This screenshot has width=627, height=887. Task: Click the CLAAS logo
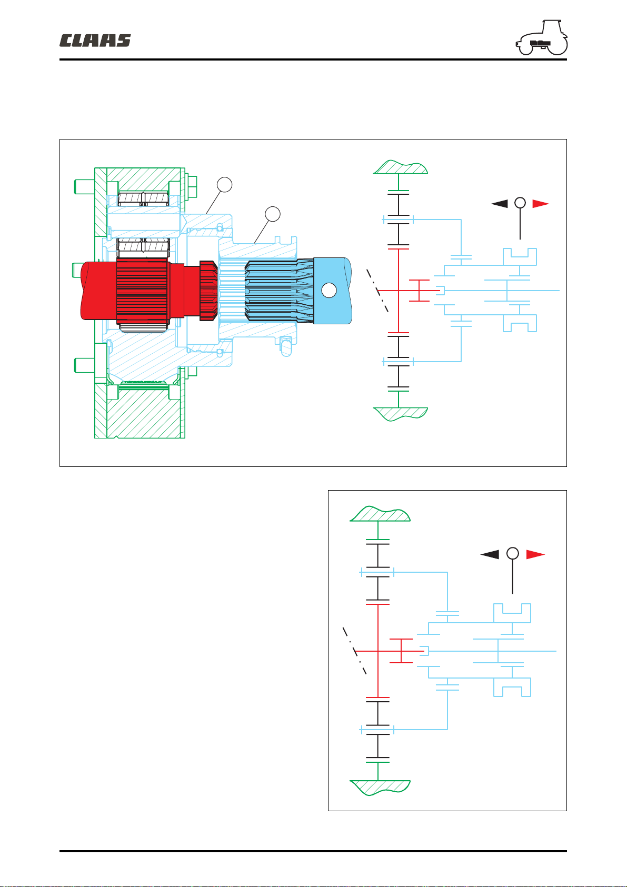coord(95,41)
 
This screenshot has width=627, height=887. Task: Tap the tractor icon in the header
coord(541,37)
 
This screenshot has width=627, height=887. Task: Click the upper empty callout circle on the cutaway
coord(225,185)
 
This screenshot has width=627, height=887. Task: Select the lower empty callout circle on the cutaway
coord(273,214)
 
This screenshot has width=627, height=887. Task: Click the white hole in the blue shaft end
coord(329,290)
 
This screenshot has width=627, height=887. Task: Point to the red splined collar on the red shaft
coord(208,290)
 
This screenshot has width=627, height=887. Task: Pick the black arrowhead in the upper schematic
coord(500,204)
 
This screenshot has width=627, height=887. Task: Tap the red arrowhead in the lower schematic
coord(535,554)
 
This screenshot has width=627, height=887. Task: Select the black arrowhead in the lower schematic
coord(490,554)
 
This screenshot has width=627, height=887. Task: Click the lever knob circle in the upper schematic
coord(520,203)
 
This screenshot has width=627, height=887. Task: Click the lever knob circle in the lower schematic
coord(513,553)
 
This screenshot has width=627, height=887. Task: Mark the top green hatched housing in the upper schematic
coord(401,167)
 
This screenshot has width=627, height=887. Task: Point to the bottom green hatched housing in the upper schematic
coord(401,414)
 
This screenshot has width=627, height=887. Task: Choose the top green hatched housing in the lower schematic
coord(380,514)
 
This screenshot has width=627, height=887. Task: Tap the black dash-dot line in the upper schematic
coord(377,291)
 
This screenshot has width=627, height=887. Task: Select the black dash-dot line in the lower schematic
coord(354,651)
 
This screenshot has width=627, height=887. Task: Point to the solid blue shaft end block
coord(332,290)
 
